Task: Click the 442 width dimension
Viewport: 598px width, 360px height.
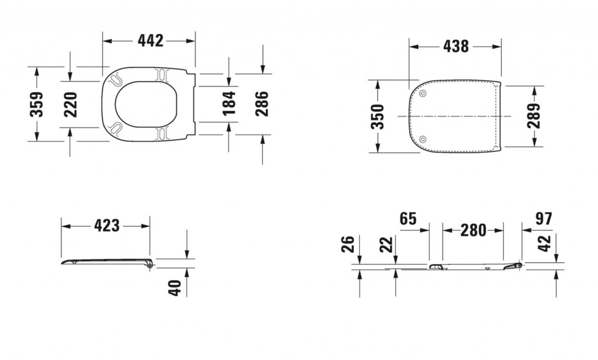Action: pos(150,40)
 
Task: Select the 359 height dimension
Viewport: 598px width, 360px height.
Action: pos(37,104)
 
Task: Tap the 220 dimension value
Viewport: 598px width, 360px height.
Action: pos(71,104)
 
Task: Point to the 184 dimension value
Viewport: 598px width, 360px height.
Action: pos(229,103)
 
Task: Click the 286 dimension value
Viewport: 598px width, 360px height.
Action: pos(262,103)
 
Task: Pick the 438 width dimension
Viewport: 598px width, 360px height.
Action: pos(456,46)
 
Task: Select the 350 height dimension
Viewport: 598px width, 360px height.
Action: pos(378,116)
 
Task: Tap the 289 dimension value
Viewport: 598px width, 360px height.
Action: pos(534,116)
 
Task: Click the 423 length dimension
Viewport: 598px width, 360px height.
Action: pos(107,225)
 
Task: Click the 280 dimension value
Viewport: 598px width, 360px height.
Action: pos(473,230)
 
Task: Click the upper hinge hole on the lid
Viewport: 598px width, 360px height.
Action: pos(423,94)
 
